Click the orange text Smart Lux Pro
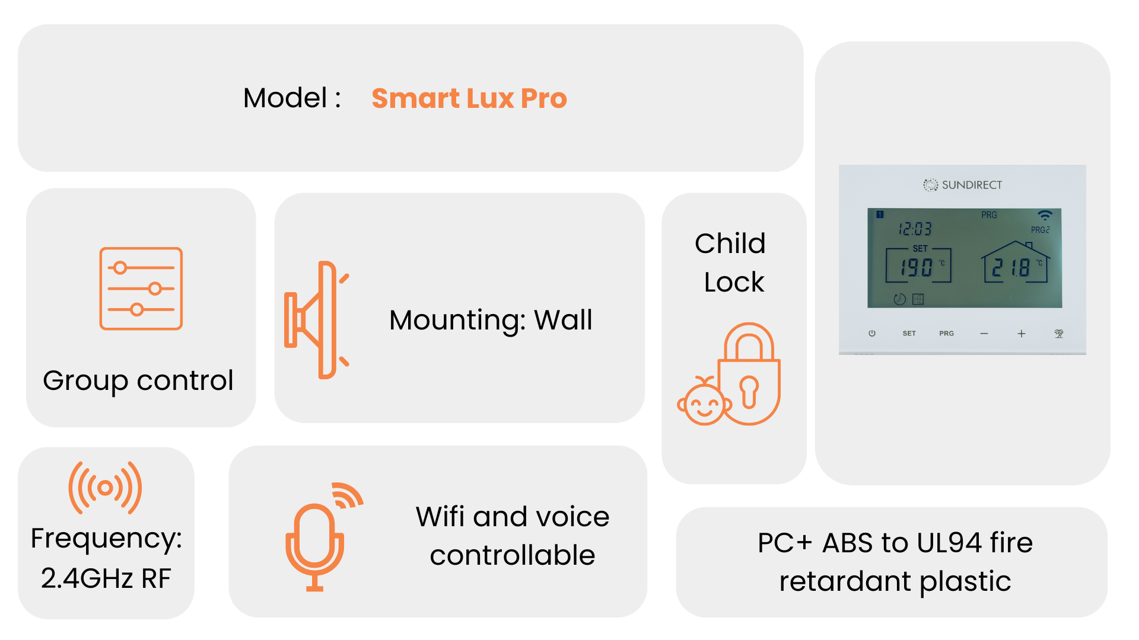(x=469, y=98)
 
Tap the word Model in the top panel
(x=285, y=98)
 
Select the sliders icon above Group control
(x=141, y=289)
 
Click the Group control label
(x=138, y=381)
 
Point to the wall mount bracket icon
(x=317, y=320)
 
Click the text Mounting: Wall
(x=491, y=321)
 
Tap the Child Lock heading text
(x=731, y=263)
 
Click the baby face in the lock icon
(x=704, y=403)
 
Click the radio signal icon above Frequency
(x=106, y=488)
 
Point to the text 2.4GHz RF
(x=106, y=578)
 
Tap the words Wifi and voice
(x=513, y=517)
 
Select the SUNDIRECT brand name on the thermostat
(x=972, y=185)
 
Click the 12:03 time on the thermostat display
(x=915, y=229)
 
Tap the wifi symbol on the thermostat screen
(x=1045, y=215)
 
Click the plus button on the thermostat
(x=1022, y=334)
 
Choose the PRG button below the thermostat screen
(x=947, y=334)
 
